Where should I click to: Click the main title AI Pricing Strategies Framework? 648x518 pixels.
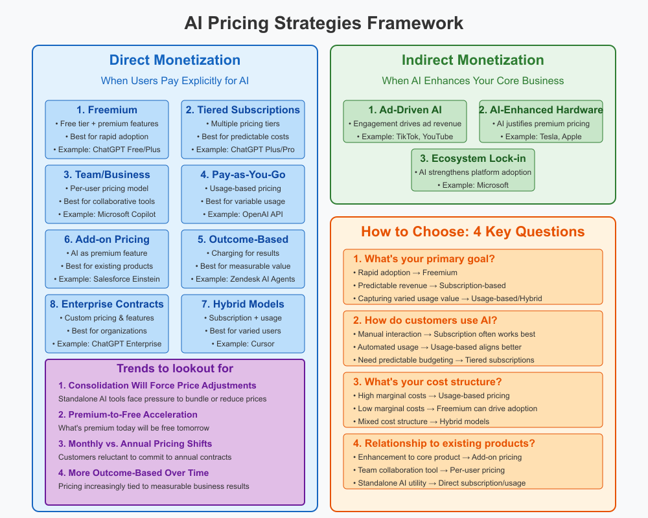tap(324, 23)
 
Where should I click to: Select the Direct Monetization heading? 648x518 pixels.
tap(175, 60)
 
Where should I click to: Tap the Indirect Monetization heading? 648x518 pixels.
tap(473, 60)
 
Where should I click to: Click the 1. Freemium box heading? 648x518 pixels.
tap(107, 110)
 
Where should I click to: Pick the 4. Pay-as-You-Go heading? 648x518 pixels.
tap(243, 175)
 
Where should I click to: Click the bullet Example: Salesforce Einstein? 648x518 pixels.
tap(107, 279)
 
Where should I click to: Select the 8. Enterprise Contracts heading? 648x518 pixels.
tap(107, 304)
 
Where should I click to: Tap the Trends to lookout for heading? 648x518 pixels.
tap(175, 369)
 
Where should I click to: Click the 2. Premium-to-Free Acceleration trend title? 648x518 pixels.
tap(128, 414)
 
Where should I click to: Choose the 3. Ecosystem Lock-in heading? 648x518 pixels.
tap(473, 159)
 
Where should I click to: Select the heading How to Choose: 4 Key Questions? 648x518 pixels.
tap(473, 232)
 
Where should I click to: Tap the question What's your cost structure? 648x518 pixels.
tap(428, 382)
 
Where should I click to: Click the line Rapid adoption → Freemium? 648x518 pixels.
tap(408, 273)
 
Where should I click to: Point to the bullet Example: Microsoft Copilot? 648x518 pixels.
tap(107, 214)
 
